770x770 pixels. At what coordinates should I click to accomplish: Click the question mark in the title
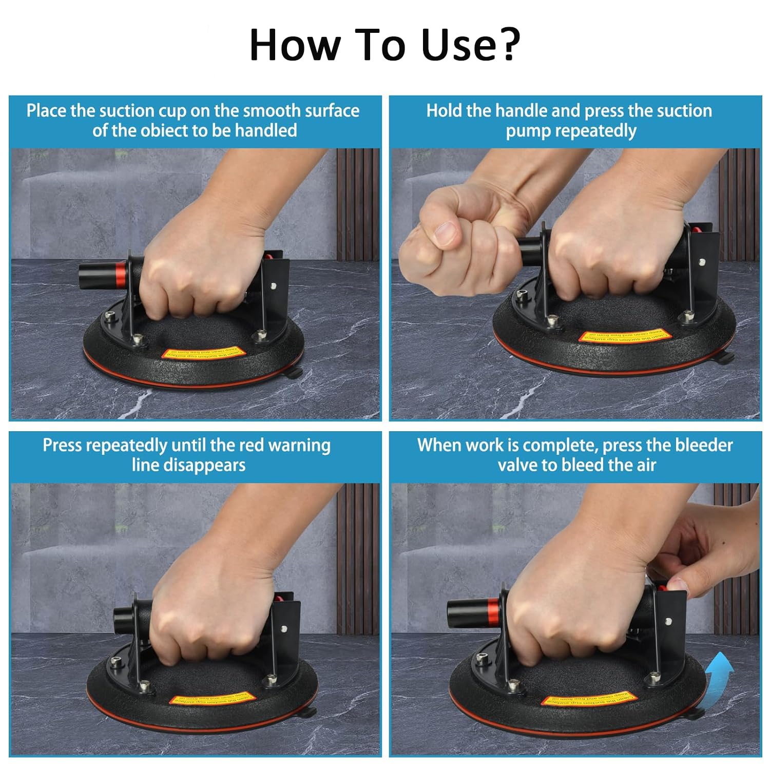tap(505, 45)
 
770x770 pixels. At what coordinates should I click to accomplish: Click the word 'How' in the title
tap(294, 45)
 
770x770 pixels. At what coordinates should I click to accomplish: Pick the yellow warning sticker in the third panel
tap(212, 699)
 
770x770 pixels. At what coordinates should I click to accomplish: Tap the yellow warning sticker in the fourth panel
tap(589, 699)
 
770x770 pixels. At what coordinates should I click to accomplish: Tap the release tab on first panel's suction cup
tap(296, 373)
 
